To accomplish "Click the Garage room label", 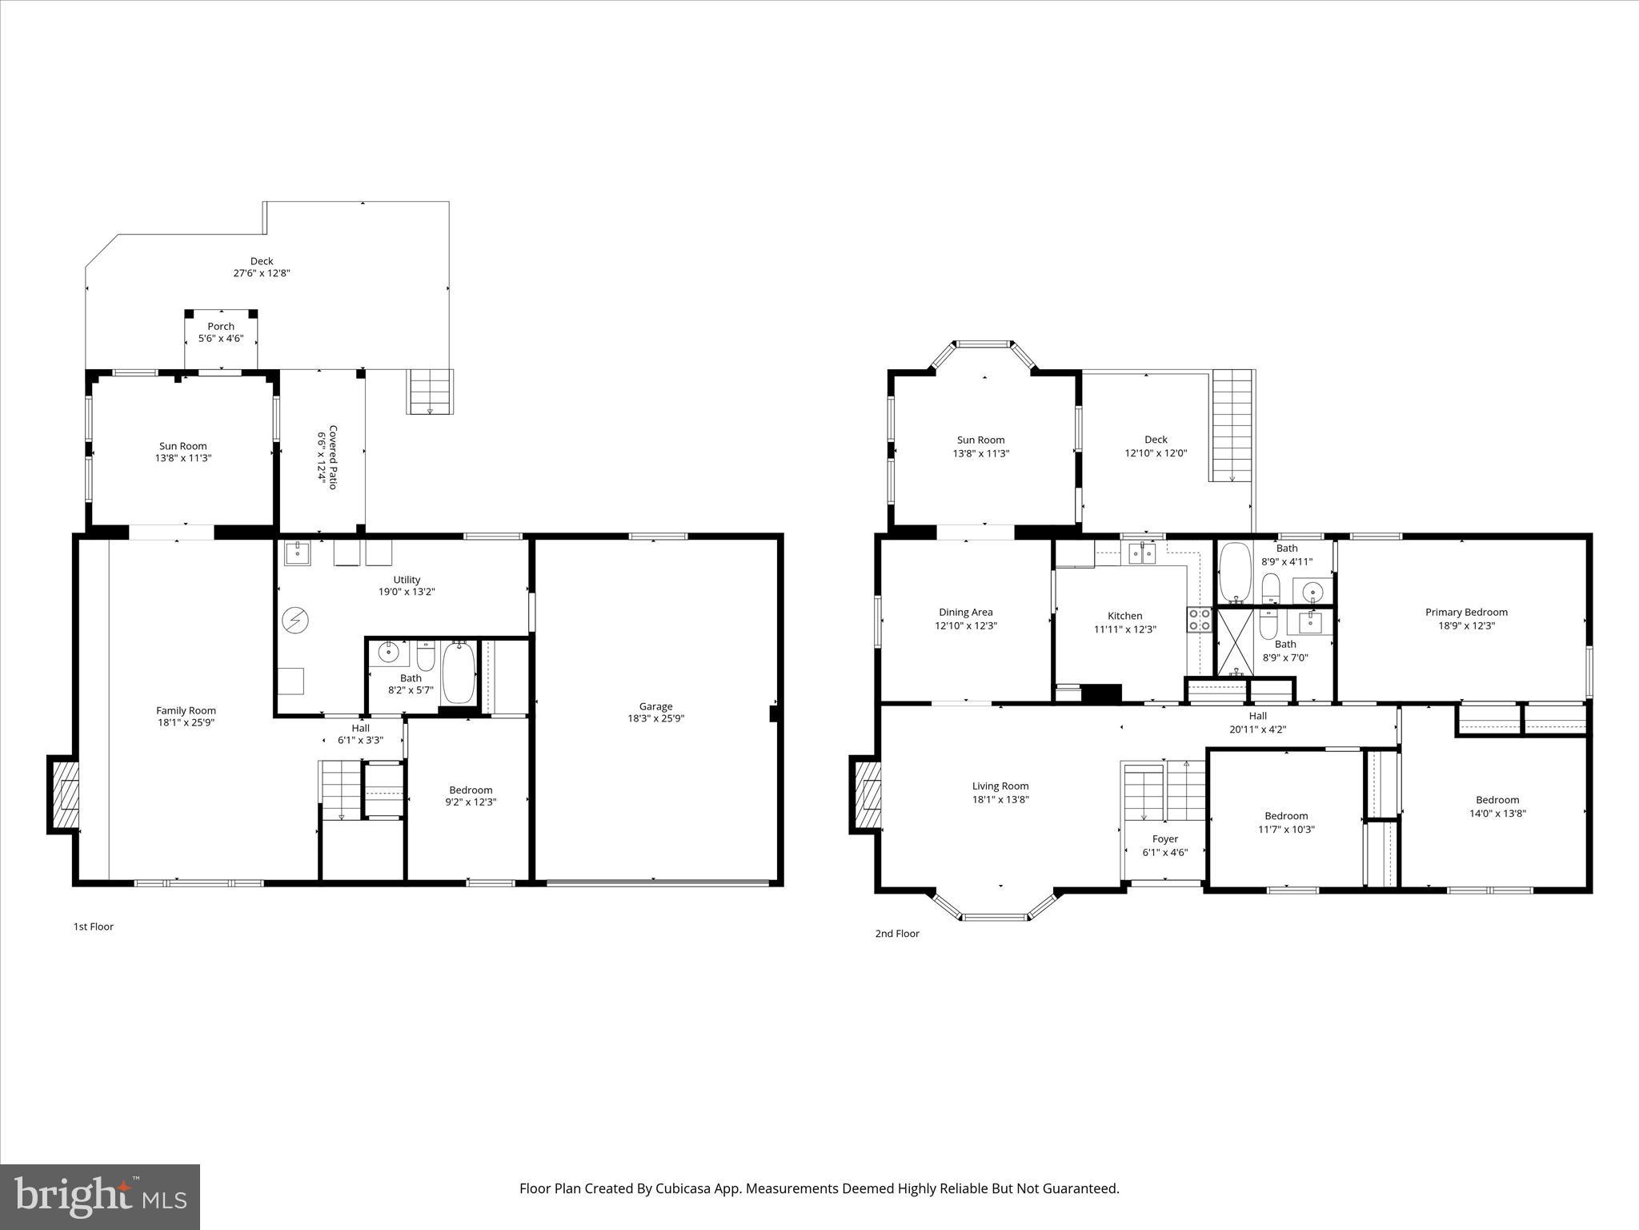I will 655,706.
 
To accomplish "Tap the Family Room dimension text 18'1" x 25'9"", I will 186,722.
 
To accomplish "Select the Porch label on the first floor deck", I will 221,327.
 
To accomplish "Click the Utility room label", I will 407,580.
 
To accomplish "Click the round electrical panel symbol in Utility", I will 295,619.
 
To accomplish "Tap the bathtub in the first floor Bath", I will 459,673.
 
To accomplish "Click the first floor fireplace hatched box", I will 65,794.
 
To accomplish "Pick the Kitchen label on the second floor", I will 1124,616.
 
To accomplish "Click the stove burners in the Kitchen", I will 1198,620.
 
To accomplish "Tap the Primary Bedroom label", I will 1466,613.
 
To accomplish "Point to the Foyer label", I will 1164,839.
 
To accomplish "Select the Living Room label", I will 1000,786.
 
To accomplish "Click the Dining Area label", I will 965,613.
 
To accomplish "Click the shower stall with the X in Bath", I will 1235,642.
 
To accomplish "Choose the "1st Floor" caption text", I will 94,927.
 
